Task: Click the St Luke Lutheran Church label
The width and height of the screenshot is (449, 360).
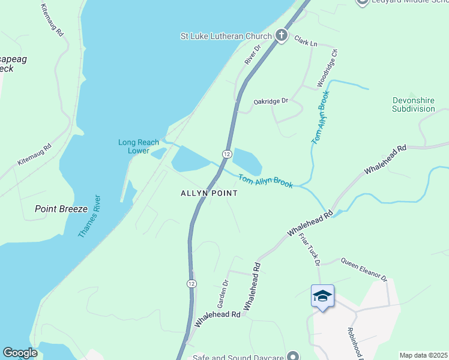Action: [226, 36]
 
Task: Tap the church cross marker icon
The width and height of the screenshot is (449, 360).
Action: [280, 35]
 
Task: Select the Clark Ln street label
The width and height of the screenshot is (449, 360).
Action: [305, 41]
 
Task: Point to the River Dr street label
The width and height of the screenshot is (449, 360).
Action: [253, 55]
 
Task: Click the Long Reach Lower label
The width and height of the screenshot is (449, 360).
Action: [139, 146]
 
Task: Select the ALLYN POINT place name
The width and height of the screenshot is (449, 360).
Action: [209, 193]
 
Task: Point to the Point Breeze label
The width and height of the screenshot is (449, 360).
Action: [61, 209]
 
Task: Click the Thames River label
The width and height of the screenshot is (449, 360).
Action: [90, 215]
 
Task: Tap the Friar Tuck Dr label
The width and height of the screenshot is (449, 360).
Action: [309, 249]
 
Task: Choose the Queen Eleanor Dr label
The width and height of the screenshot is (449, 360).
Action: [364, 269]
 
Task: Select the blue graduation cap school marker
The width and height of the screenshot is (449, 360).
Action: [322, 296]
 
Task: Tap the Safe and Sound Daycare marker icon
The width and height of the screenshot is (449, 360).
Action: [292, 356]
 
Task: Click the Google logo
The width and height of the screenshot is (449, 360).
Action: [20, 353]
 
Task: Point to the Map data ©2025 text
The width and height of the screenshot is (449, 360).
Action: [423, 355]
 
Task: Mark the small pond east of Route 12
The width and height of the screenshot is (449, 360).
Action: [247, 161]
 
